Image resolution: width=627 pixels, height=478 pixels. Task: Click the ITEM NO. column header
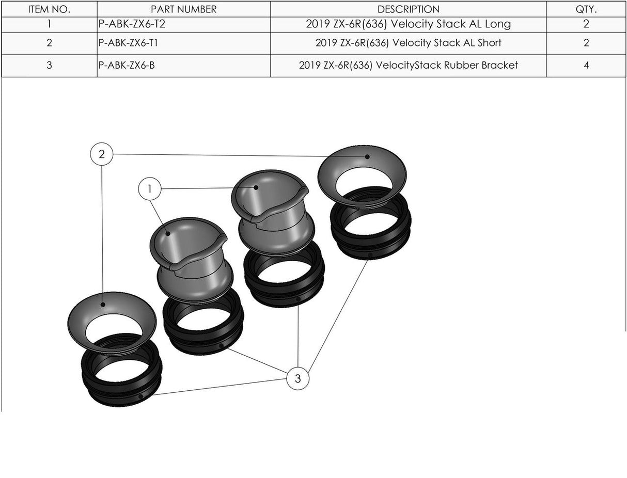click(49, 9)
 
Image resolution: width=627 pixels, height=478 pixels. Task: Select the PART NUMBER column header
click(183, 9)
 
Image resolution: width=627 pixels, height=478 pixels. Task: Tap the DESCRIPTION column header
click(408, 9)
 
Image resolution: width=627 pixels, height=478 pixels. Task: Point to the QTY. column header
click(586, 9)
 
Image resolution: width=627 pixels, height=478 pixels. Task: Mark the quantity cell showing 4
click(586, 66)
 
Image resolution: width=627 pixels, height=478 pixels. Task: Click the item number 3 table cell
click(49, 66)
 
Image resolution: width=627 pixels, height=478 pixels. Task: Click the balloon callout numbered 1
click(150, 189)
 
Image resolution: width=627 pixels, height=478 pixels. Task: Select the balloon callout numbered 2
click(102, 154)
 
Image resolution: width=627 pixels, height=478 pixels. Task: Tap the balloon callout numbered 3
click(297, 378)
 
